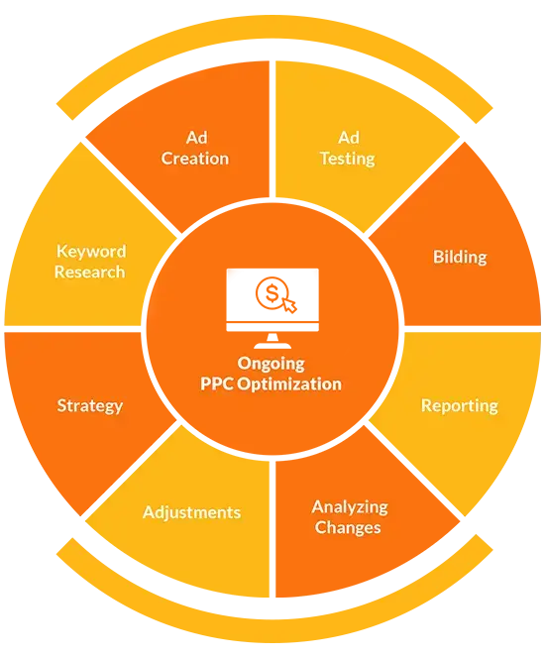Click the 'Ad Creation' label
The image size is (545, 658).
coord(195,148)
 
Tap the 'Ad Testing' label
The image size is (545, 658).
coord(348,149)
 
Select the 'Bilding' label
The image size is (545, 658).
coord(460,257)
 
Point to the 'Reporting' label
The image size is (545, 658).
coord(460,406)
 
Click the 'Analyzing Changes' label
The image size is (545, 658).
coord(350,517)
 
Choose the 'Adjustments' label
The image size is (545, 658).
coord(191,512)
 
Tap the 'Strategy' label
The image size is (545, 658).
coord(90,406)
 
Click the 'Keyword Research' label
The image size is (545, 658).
coord(90,262)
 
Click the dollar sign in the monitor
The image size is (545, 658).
coord(272,293)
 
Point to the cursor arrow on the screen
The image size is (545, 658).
coord(289,304)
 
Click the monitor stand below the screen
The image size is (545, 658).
coord(272,341)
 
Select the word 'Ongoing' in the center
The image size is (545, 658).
coord(272,364)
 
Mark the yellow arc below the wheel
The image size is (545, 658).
coord(274,630)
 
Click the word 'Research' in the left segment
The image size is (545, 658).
coord(90,272)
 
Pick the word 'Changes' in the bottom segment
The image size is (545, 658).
coord(348,528)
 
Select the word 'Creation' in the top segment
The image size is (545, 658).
coord(195,159)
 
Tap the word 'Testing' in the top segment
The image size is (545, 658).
coord(348,160)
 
